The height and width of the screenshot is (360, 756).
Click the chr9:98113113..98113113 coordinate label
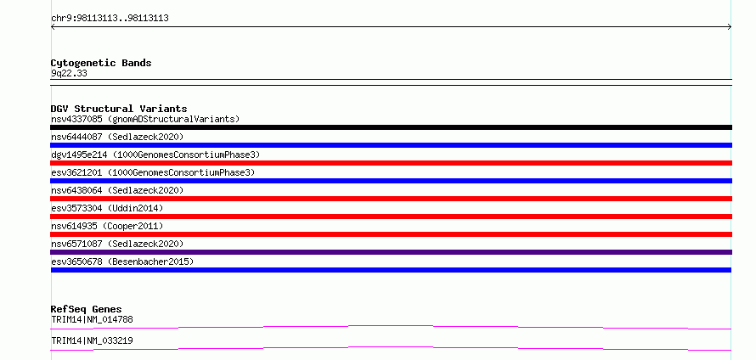(110, 19)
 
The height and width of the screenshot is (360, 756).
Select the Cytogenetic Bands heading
(101, 63)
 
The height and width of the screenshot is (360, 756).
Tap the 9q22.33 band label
(69, 74)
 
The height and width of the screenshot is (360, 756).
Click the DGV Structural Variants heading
(119, 109)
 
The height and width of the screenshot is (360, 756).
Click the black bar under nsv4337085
(391, 127)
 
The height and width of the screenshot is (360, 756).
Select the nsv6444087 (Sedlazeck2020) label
(117, 137)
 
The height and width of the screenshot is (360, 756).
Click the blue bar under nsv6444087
(391, 145)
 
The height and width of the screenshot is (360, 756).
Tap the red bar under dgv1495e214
(391, 163)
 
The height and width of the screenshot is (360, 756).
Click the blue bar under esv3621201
(391, 181)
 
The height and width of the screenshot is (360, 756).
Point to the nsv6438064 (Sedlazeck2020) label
(117, 190)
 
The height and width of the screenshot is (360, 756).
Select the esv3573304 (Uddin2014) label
(107, 208)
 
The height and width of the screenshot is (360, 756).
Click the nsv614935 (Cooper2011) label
(107, 226)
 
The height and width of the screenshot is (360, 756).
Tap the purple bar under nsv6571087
(391, 252)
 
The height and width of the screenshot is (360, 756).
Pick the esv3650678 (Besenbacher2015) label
(122, 262)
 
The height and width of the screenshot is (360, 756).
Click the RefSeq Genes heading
(87, 309)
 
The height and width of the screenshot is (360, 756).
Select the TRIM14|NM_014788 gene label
(92, 319)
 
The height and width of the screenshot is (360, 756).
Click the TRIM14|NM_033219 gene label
(92, 340)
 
